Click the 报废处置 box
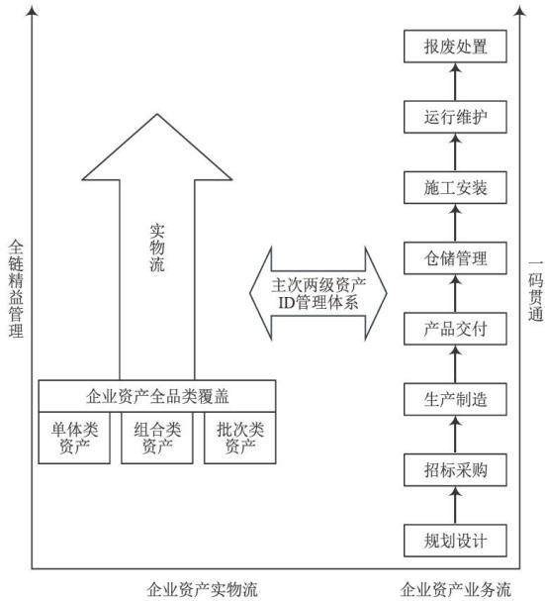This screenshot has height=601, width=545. pos(455,47)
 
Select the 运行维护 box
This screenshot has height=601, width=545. pos(455,117)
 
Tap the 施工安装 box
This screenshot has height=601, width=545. pos(455,187)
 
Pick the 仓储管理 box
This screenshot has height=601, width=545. pos(455,258)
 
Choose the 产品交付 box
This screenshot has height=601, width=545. pos(455,329)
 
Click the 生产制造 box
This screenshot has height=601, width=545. pos(455,399)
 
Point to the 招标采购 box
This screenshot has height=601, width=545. pos(455,470)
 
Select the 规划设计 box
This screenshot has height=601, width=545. pos(455,541)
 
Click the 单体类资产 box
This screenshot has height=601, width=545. pos(74,438)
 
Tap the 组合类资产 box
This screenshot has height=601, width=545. pos(157,438)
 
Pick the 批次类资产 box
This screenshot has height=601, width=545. pos(240,438)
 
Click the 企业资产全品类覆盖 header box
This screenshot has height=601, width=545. pos(157,396)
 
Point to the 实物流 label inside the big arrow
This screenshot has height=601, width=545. pos(157,248)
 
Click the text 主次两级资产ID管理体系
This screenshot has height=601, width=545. pos(318,294)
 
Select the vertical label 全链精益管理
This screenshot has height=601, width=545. pos(16,288)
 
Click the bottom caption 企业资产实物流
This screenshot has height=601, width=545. pos(202,590)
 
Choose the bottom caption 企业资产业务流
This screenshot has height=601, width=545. pos(456,590)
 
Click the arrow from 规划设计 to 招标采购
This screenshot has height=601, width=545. pos(455,506)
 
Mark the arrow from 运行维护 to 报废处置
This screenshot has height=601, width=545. pos(455,81)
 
